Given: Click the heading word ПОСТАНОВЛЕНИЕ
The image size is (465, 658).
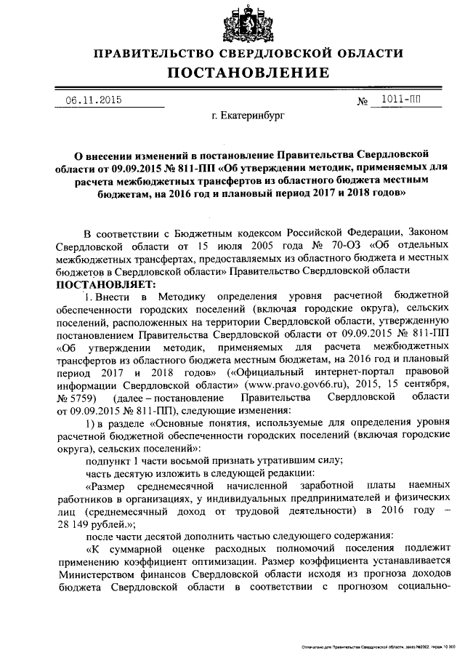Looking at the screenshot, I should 248,73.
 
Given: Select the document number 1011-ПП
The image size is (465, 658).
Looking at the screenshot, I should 397,99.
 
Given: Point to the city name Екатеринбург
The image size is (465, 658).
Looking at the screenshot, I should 247,115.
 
